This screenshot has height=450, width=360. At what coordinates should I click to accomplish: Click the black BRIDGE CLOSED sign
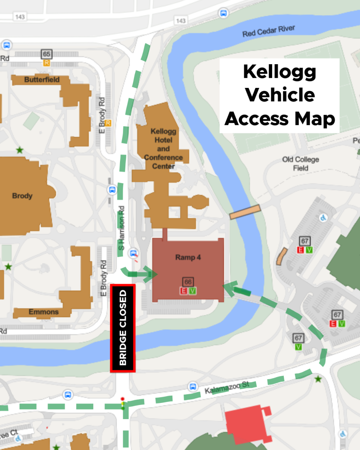coord(122,328)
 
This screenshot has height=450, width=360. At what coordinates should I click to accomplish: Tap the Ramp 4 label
coord(188,257)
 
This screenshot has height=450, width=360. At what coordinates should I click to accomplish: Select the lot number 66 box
coord(188,282)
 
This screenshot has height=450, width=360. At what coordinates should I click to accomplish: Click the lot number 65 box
coord(47,54)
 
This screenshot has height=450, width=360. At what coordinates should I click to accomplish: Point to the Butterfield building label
coord(42,80)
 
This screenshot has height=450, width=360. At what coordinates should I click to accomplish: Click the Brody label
coord(22,196)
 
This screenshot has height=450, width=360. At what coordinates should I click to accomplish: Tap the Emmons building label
coord(44,312)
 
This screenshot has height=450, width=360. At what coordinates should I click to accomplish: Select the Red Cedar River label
coord(269,31)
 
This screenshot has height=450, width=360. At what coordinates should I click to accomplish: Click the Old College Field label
coord(300,164)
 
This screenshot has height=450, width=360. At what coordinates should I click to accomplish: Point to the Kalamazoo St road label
coord(227,387)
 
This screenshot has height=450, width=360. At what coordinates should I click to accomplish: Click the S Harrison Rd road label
coord(122,228)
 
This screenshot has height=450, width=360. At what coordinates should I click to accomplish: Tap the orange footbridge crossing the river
coord(245,212)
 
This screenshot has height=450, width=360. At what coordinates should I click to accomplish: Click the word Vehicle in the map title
coord(280,95)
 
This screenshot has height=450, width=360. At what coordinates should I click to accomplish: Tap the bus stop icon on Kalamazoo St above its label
coord(192,386)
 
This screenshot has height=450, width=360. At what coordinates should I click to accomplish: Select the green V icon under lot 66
coord(192,291)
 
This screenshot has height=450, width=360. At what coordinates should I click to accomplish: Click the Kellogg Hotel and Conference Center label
coord(163,149)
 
